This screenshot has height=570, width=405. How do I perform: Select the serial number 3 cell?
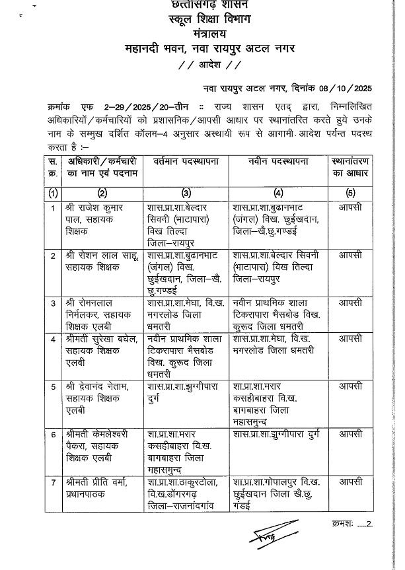tap(52, 302)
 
